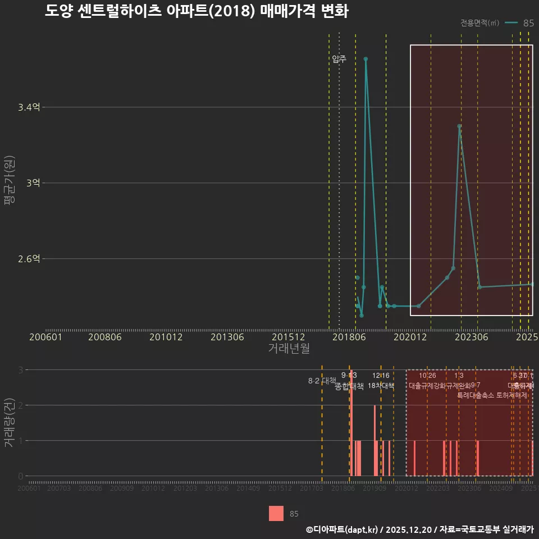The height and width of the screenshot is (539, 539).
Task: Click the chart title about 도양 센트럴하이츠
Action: click(197, 11)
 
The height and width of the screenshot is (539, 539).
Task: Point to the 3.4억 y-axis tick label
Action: click(29, 107)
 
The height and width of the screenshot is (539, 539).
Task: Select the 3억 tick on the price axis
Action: click(33, 183)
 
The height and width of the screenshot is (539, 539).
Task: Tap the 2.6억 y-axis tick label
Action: click(29, 259)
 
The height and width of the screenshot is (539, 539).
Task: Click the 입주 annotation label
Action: click(339, 59)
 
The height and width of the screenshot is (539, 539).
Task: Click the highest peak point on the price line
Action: click(366, 59)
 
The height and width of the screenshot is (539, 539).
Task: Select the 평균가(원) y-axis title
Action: click(10, 185)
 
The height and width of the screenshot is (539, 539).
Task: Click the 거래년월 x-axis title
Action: click(289, 348)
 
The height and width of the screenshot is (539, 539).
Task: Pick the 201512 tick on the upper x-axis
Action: click(289, 337)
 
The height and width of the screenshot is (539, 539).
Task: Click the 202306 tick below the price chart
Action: click(471, 337)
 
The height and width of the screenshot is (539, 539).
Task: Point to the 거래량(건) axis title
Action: click(10, 423)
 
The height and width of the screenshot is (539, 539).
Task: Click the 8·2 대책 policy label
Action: click(322, 381)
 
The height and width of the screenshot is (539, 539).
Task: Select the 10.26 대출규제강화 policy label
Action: click(427, 381)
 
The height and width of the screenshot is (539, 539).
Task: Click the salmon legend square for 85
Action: click(276, 513)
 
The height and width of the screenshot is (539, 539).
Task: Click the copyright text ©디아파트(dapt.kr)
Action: click(342, 529)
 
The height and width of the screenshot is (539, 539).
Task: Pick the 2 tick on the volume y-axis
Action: click(21, 405)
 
